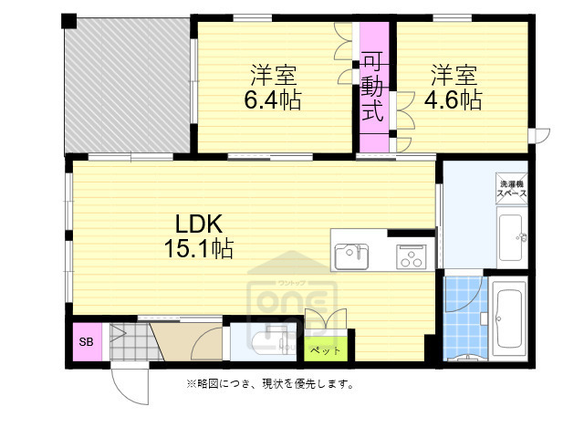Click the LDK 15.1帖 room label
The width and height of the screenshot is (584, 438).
click(x=196, y=235)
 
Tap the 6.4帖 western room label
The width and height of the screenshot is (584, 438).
click(x=273, y=87)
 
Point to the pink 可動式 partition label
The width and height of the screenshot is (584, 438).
click(x=371, y=89)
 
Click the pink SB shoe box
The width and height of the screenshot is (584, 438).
click(x=87, y=342)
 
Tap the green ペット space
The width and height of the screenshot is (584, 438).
click(x=324, y=349)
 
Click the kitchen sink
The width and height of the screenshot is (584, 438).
click(x=351, y=256)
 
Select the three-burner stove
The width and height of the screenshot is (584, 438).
click(x=409, y=256)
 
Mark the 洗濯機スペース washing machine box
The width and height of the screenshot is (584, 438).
click(x=511, y=190)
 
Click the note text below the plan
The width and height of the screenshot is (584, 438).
click(x=270, y=384)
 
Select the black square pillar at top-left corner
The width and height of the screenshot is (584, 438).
click(x=68, y=21)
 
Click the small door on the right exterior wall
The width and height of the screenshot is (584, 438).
click(x=542, y=137)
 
